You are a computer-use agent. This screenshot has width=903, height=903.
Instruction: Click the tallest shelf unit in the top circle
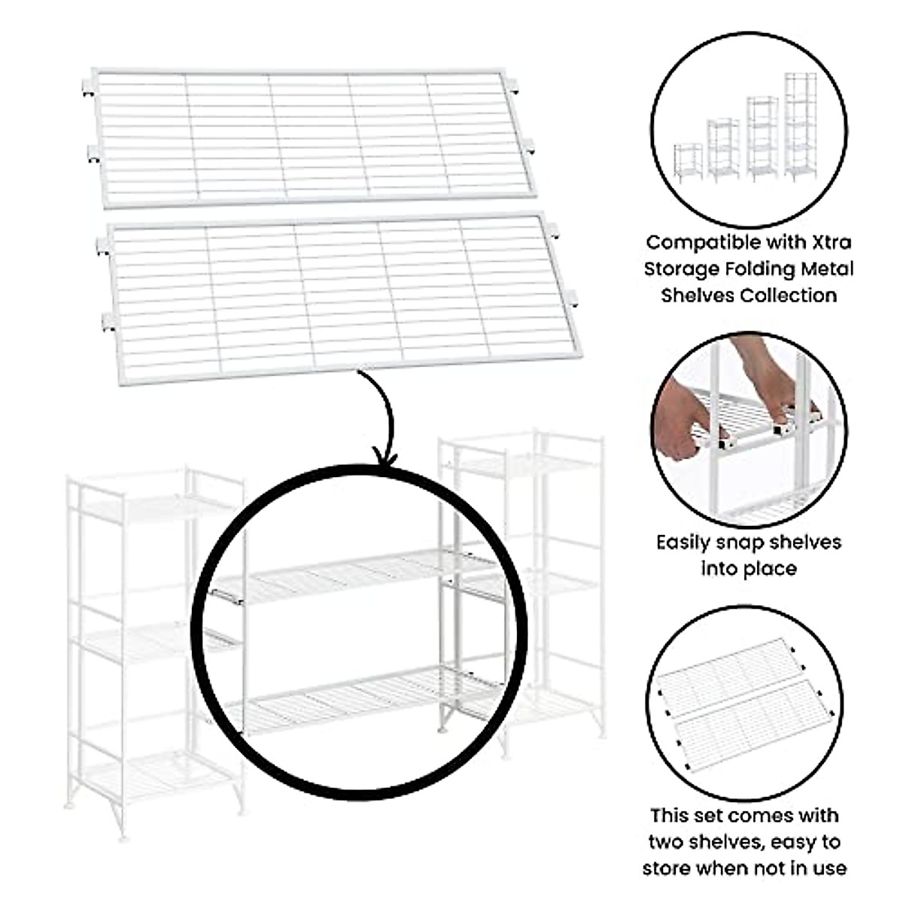800,126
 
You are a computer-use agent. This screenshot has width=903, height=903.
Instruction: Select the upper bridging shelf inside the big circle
354,576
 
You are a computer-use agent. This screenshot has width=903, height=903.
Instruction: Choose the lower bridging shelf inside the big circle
361,696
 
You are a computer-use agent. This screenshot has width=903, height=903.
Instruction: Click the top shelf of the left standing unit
154,508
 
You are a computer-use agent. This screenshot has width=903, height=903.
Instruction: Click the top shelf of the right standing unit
519,467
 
